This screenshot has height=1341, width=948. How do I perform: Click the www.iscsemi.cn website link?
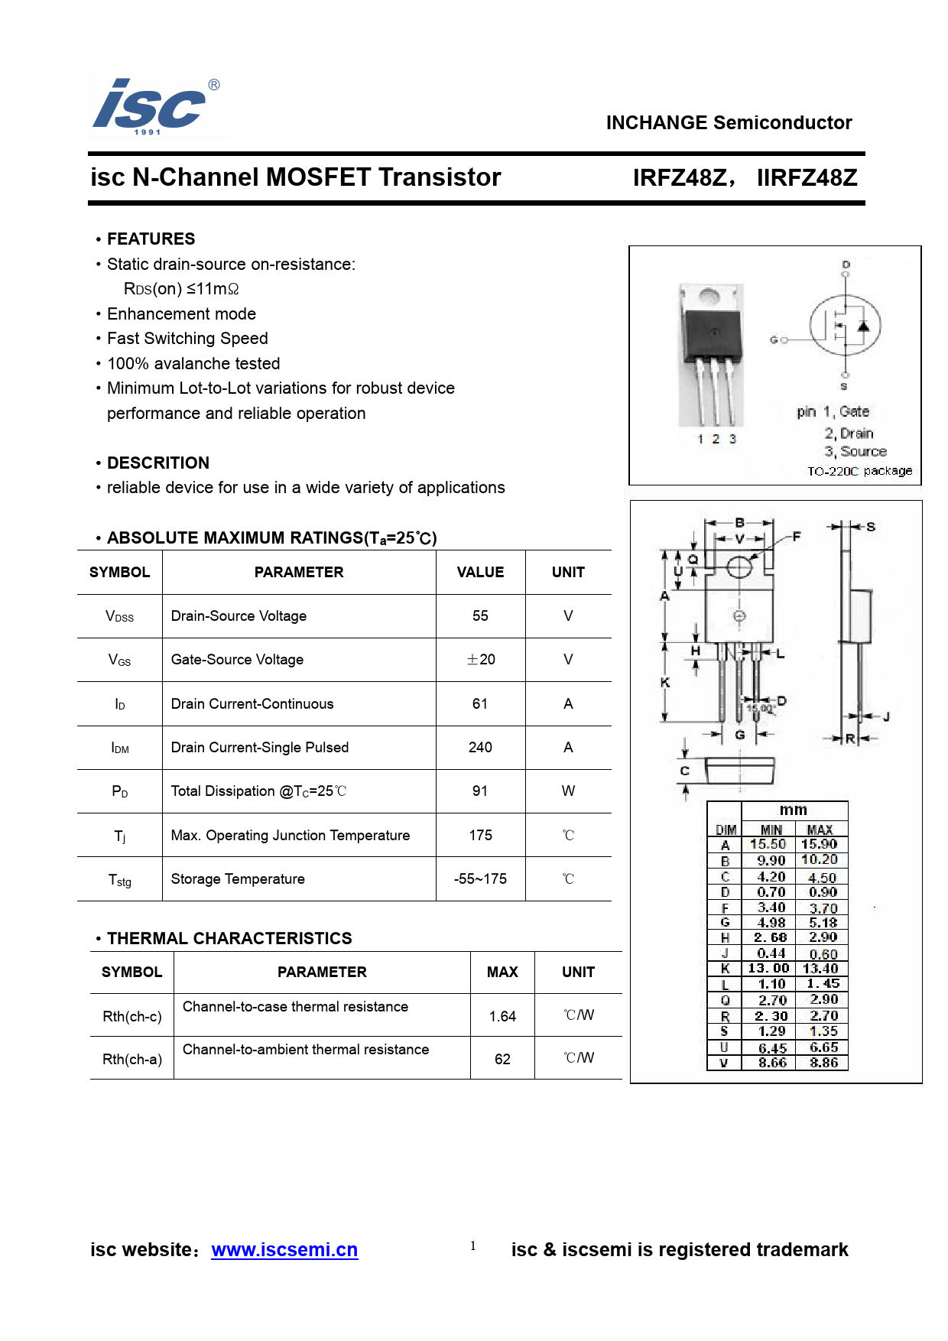point(284,1249)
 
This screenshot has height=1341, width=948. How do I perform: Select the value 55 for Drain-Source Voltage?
point(480,615)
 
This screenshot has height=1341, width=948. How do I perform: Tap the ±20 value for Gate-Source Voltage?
point(481,659)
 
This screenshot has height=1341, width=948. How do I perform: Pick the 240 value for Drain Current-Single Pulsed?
point(480,747)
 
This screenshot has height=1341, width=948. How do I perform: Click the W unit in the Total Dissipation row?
point(568,791)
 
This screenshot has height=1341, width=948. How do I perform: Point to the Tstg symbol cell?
point(120,879)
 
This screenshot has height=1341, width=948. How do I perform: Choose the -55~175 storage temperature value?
point(480,878)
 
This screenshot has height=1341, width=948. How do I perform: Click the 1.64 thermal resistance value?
point(502,1016)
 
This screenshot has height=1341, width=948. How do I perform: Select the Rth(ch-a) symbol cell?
point(132,1059)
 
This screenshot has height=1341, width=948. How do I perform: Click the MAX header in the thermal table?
point(502,972)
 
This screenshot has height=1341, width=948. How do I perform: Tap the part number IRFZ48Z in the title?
point(680,178)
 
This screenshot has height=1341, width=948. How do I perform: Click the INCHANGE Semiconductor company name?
point(729,122)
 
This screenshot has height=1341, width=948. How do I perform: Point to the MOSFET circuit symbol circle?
point(845,326)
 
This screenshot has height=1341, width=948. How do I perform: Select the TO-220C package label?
point(859,471)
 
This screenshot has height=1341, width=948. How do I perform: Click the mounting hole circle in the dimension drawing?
point(739,567)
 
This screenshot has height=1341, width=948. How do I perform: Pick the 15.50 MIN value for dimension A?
point(768,844)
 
